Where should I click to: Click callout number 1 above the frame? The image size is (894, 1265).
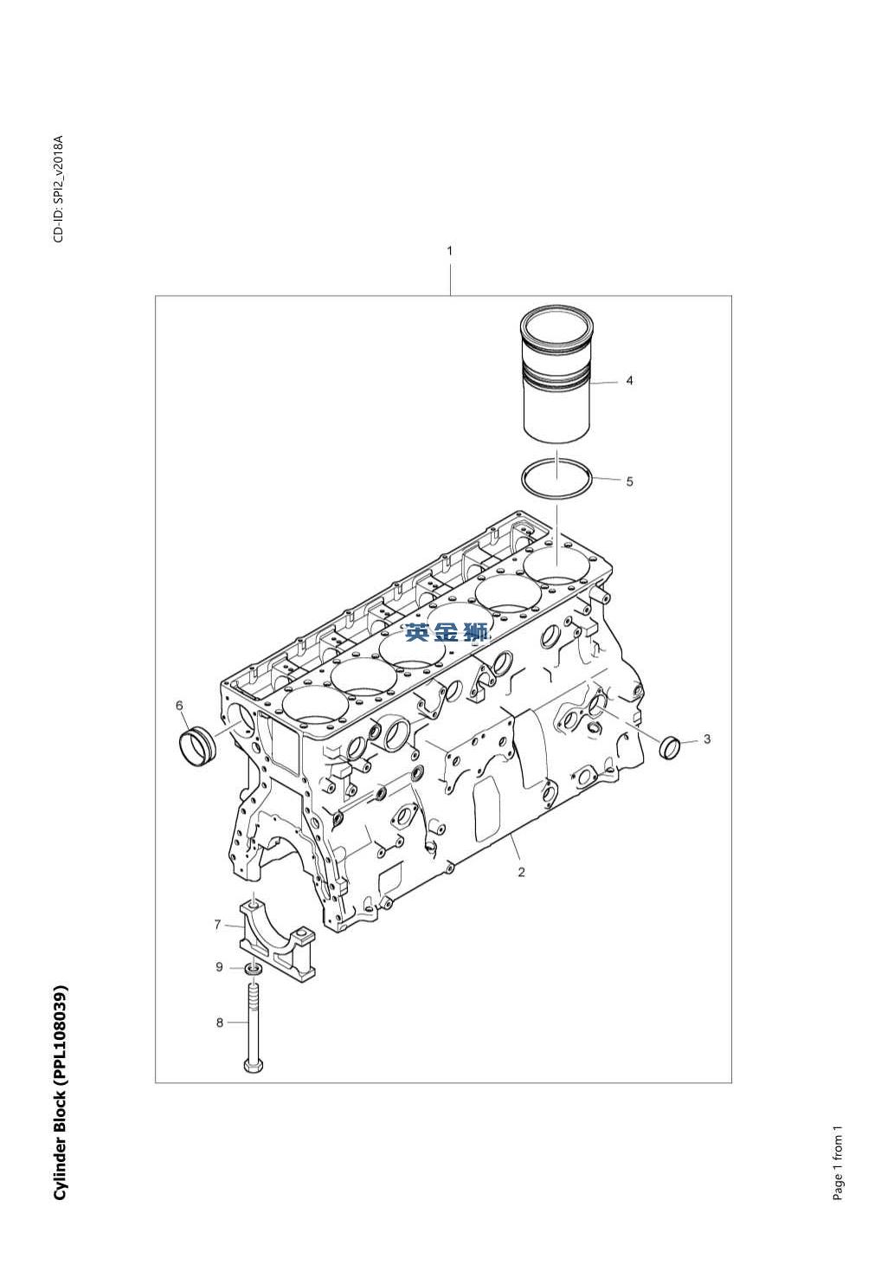click(x=450, y=251)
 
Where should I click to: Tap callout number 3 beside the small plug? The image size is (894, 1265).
click(x=707, y=739)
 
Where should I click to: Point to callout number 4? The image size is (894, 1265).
click(x=629, y=381)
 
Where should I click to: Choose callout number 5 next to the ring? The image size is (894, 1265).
click(x=629, y=481)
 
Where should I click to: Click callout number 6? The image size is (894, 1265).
click(x=179, y=706)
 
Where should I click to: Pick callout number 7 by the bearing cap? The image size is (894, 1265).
click(x=217, y=925)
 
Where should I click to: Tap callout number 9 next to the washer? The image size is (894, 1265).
click(x=220, y=967)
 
